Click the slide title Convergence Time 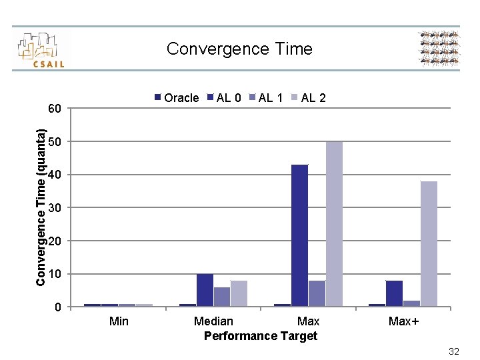pyautogui.click(x=239, y=49)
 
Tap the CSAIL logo pyautogui.click(x=41, y=49)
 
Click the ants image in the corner pyautogui.click(x=439, y=49)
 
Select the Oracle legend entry pyautogui.click(x=177, y=98)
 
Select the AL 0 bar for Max pyautogui.click(x=299, y=235)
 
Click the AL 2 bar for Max pyautogui.click(x=334, y=224)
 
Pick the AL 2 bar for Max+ pyautogui.click(x=429, y=244)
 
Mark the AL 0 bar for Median pyautogui.click(x=205, y=290)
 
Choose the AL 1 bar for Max pyautogui.click(x=317, y=293)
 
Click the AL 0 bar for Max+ pyautogui.click(x=394, y=293)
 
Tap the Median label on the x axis pyautogui.click(x=213, y=321)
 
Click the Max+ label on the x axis pyautogui.click(x=403, y=321)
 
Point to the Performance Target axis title pyautogui.click(x=260, y=336)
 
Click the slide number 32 pyautogui.click(x=454, y=351)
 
